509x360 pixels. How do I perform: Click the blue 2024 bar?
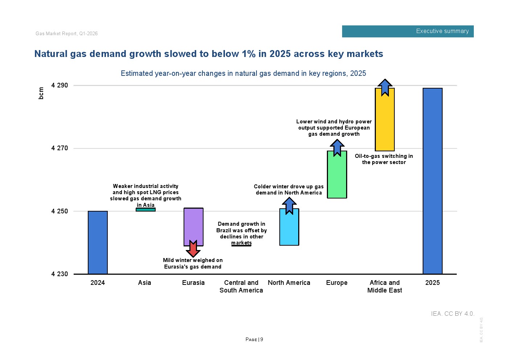[98, 242]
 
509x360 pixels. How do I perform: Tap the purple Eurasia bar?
[193, 225]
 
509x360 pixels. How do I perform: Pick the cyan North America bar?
[289, 229]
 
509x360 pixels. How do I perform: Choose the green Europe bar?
[337, 176]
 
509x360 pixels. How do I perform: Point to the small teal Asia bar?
[145, 209]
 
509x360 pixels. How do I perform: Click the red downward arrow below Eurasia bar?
[193, 249]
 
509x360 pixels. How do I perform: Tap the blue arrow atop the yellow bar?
[385, 87]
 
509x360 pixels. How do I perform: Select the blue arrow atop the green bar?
[337, 147]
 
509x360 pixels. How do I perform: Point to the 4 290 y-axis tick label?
[59, 85]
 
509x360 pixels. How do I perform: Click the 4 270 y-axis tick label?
[59, 148]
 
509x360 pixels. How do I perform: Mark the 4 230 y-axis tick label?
[59, 274]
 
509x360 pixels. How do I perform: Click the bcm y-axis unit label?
[41, 93]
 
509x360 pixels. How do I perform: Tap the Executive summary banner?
[408, 31]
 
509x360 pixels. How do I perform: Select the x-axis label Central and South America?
[241, 286]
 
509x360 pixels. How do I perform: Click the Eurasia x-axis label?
[193, 283]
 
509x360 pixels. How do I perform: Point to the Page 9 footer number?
[254, 340]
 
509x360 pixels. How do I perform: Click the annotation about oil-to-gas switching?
[384, 159]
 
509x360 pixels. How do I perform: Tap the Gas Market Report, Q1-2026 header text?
[67, 34]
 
